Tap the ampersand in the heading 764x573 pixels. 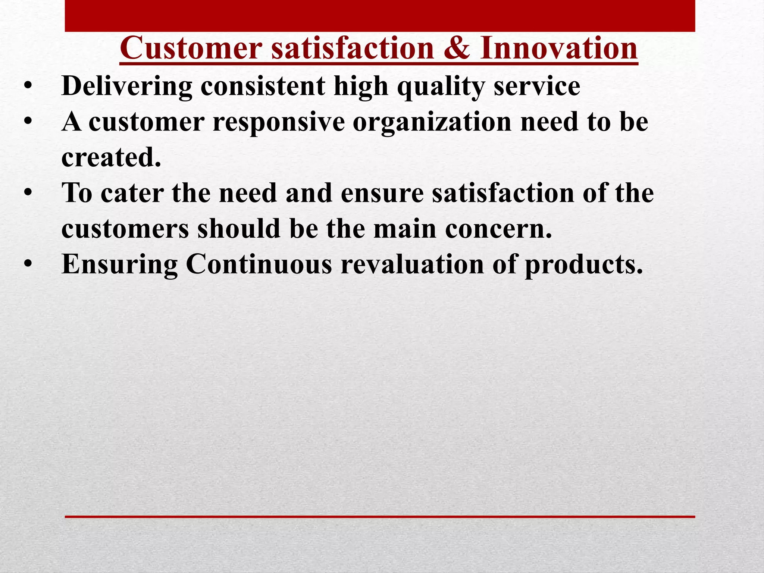[x=457, y=48]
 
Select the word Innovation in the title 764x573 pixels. [x=558, y=48]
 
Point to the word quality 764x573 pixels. [x=441, y=87]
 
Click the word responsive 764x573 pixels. [x=279, y=122]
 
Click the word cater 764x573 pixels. [x=132, y=193]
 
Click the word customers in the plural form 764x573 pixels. [x=125, y=229]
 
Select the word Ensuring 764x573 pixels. [x=120, y=264]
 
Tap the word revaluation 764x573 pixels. [x=412, y=264]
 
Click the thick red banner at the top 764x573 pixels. [x=380, y=16]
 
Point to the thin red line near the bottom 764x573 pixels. [x=380, y=517]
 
